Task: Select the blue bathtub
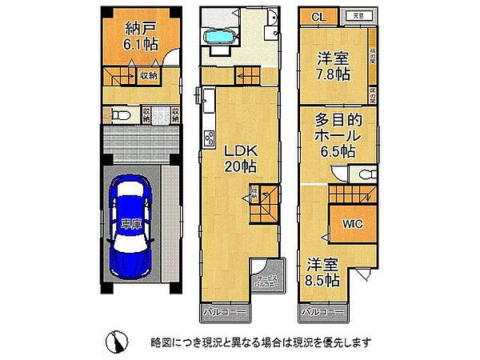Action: tap(218, 38)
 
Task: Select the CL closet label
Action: tap(317, 17)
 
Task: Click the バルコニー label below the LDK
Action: tap(217, 310)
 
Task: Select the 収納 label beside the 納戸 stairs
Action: tap(148, 76)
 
